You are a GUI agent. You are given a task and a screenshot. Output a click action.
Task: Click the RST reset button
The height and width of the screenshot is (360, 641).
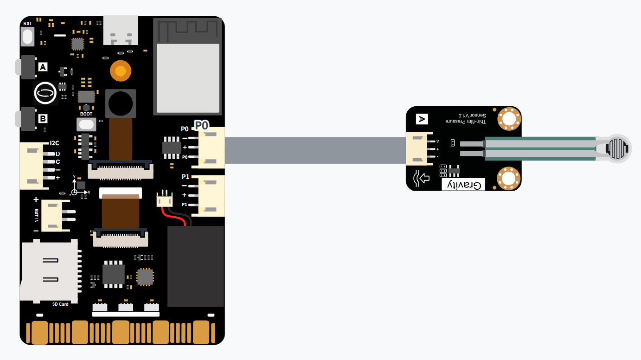(27, 37)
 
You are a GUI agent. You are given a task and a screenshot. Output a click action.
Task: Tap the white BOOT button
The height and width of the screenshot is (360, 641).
(86, 124)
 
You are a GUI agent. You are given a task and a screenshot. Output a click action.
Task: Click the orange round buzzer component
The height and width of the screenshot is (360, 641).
(121, 71)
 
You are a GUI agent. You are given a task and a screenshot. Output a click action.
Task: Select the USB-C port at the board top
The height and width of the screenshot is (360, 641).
(121, 30)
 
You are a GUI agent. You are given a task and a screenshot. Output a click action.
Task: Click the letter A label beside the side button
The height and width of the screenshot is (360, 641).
(43, 67)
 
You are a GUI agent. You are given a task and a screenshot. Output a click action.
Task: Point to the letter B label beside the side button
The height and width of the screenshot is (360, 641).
(43, 118)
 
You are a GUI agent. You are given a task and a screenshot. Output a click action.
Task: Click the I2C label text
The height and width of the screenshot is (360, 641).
(54, 143)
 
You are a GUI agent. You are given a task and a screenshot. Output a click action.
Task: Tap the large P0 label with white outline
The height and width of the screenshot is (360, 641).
(201, 125)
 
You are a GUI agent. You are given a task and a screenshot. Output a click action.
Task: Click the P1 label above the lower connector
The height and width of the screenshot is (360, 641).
(186, 177)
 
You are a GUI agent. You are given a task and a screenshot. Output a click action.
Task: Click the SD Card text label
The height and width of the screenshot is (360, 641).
(60, 304)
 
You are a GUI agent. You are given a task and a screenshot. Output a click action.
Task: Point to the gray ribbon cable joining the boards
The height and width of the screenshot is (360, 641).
(315, 150)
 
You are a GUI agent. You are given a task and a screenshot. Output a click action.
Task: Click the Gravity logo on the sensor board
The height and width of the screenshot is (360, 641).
(463, 185)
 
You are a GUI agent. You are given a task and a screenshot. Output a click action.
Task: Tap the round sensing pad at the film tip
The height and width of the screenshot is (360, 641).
(617, 149)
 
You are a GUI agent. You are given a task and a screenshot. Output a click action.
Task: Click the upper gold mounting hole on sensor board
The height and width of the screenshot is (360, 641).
(509, 119)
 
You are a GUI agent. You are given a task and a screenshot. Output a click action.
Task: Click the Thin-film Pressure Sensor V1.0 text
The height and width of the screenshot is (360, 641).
(466, 118)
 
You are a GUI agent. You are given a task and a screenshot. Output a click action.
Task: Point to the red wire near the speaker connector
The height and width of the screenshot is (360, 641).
(173, 216)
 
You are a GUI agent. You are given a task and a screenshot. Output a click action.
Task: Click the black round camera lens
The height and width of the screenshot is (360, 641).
(121, 103)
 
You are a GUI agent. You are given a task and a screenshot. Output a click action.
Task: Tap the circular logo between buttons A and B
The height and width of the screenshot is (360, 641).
(45, 93)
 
